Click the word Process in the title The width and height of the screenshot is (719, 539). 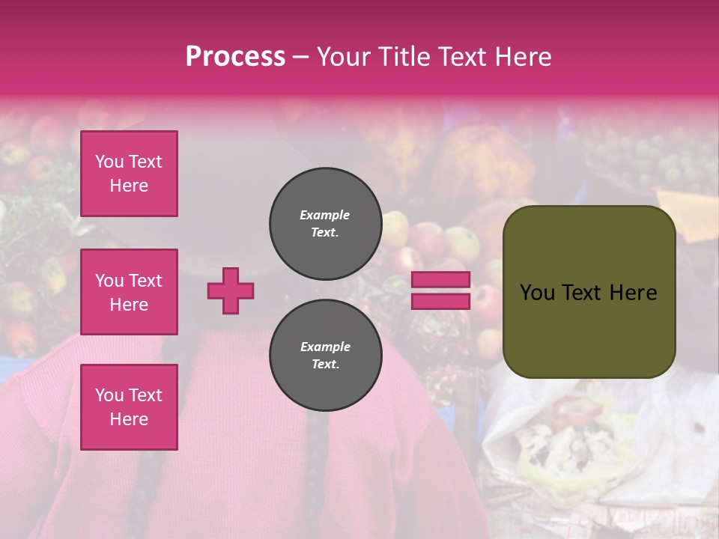235,57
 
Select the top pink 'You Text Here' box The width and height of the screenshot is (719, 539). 129,174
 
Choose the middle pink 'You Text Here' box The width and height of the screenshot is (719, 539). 129,292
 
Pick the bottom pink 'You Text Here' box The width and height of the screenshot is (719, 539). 129,407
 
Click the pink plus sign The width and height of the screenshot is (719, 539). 231,290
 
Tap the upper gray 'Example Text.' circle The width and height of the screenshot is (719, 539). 325,223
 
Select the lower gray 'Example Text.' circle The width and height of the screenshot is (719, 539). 325,355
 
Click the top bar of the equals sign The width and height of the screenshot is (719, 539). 441,280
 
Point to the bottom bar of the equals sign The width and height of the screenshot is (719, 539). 441,301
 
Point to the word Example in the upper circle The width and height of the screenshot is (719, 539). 325,215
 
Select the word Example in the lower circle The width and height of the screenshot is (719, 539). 325,347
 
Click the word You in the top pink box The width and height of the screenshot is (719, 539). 109,162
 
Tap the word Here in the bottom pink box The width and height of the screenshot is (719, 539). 129,419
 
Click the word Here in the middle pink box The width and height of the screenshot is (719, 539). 129,305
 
